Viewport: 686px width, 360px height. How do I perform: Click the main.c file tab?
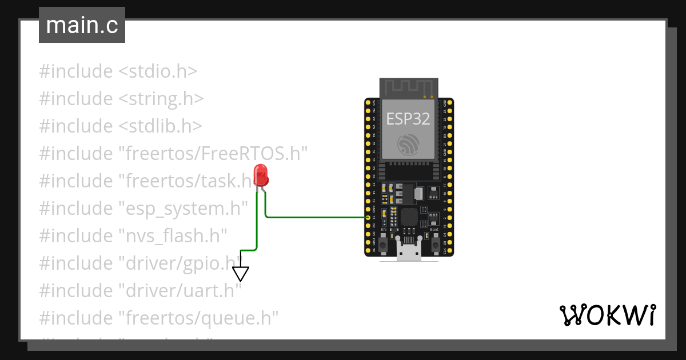tap(82, 26)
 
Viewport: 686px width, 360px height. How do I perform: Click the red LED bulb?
tap(261, 174)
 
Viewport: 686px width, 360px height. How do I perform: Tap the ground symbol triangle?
tap(241, 274)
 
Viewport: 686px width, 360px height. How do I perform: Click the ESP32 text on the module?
tap(408, 118)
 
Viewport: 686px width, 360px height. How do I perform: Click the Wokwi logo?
tap(607, 315)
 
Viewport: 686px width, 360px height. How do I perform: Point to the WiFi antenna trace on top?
tap(409, 87)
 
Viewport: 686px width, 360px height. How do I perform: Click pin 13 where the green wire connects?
tap(368, 218)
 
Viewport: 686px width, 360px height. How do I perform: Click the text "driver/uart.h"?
tap(180, 291)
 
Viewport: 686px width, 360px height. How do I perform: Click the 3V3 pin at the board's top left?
tap(368, 103)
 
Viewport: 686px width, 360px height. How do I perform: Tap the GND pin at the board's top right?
tap(450, 103)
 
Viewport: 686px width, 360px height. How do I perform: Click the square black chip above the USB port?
tap(409, 217)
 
